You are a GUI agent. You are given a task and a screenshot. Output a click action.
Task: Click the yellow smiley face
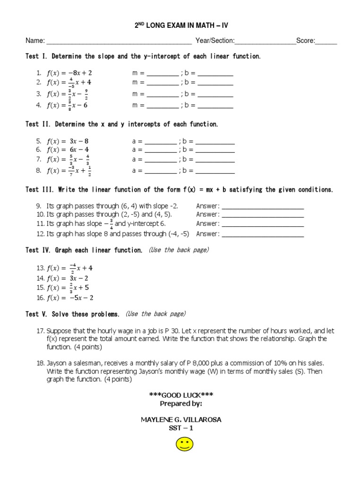tap(185, 444)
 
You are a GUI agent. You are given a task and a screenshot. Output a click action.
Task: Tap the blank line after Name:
tap(119, 42)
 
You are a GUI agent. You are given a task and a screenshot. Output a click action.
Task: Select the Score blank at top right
tap(326, 42)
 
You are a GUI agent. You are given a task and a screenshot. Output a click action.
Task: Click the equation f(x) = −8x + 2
tap(69, 73)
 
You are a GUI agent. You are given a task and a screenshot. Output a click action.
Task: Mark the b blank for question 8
tap(216, 172)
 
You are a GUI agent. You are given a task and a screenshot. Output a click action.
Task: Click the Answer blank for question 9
tap(263, 207)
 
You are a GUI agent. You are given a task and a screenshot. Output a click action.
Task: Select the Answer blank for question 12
tap(263, 234)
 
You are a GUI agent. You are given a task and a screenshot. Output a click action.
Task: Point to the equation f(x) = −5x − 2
tap(70, 298)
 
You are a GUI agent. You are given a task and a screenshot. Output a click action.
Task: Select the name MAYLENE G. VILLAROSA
tap(181, 420)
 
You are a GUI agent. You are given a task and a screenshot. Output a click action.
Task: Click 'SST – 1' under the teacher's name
tap(181, 428)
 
